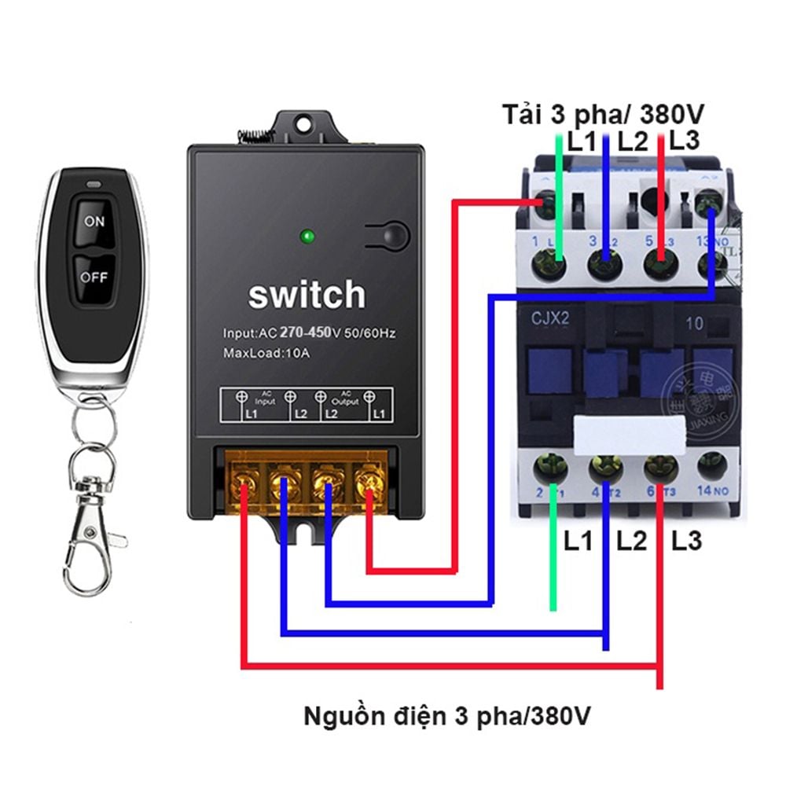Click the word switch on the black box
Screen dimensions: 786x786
[x=307, y=296]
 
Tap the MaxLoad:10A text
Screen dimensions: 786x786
[x=266, y=353]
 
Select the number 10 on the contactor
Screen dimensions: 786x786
[x=694, y=321]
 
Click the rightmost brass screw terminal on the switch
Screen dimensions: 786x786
[x=367, y=479]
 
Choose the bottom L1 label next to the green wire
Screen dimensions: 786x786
[x=578, y=542]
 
